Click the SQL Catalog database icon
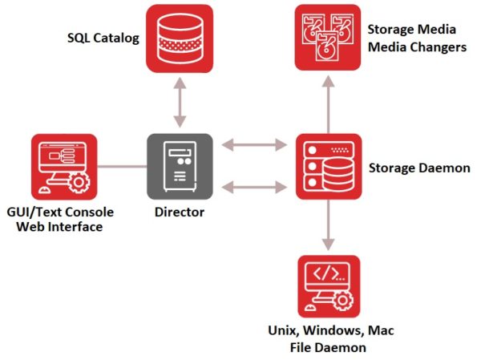click(180, 37)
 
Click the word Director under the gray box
click(180, 212)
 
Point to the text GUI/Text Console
click(60, 212)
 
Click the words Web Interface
click(60, 227)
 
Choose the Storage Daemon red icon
click(328, 167)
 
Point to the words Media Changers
click(416, 47)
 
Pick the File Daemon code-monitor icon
click(328, 287)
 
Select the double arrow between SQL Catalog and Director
click(180, 102)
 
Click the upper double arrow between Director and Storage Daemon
click(254, 145)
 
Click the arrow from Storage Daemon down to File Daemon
click(328, 225)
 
